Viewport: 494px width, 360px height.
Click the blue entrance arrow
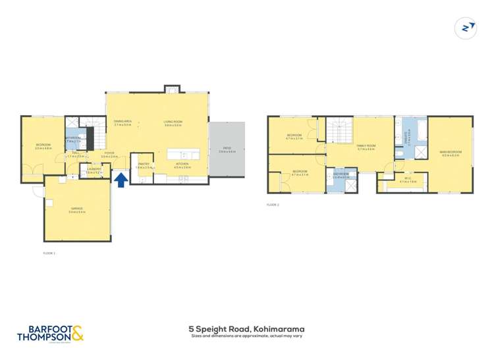click(x=121, y=180)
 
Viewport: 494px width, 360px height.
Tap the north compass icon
click(x=466, y=28)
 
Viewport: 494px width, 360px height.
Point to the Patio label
click(x=227, y=150)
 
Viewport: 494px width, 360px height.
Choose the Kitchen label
click(x=182, y=165)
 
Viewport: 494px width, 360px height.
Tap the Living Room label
click(x=173, y=122)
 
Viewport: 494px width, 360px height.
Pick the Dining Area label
click(x=123, y=122)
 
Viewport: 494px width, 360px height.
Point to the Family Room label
click(x=366, y=147)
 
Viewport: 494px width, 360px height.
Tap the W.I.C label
click(x=408, y=179)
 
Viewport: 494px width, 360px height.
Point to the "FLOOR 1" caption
click(x=49, y=253)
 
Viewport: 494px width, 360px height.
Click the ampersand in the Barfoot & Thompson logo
click(x=77, y=334)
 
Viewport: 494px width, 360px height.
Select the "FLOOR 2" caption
click(x=273, y=205)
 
